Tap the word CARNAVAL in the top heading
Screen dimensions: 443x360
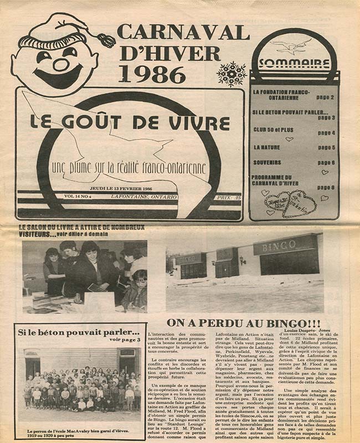coord(183,32)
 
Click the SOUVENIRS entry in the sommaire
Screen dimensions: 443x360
coord(267,162)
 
